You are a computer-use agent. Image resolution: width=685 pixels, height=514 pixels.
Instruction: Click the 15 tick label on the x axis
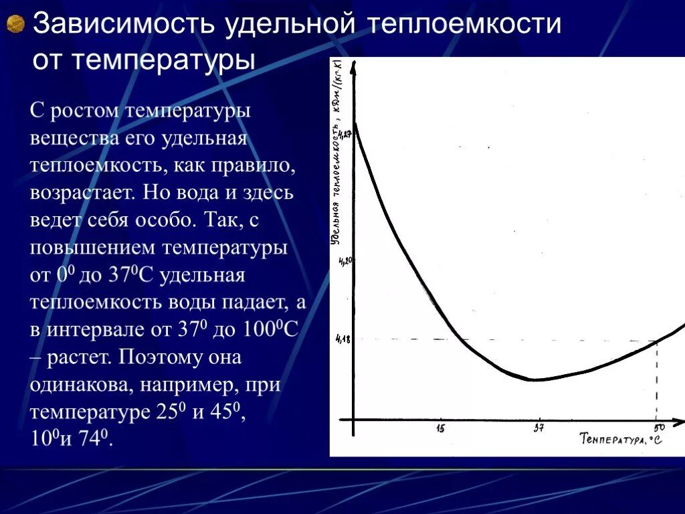coord(440,428)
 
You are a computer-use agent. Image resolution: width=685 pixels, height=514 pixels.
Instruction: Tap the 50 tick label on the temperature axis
coord(659,428)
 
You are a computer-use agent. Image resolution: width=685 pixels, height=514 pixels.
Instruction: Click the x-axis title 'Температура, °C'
coord(621,440)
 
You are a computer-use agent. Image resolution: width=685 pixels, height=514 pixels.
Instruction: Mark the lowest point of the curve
coord(534,380)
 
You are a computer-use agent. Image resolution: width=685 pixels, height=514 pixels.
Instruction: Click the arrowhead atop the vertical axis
coord(354,64)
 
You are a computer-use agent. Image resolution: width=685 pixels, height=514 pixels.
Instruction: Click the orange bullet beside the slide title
coord(15,25)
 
